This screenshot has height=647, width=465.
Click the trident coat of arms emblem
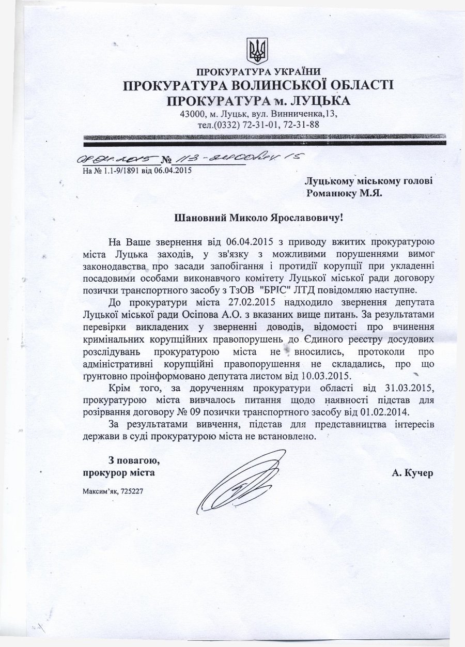[x=256, y=50]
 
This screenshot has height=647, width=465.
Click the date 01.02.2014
[x=379, y=412]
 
